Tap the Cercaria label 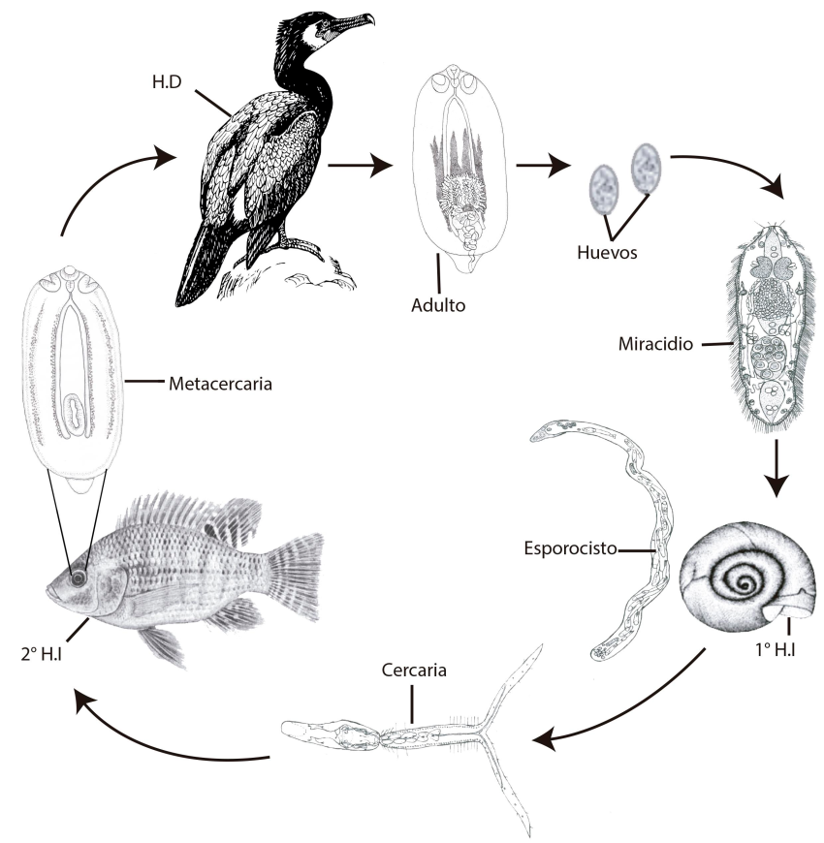pyautogui.click(x=414, y=670)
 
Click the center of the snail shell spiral pyautogui.click(x=745, y=583)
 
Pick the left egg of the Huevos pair pyautogui.click(x=604, y=187)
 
